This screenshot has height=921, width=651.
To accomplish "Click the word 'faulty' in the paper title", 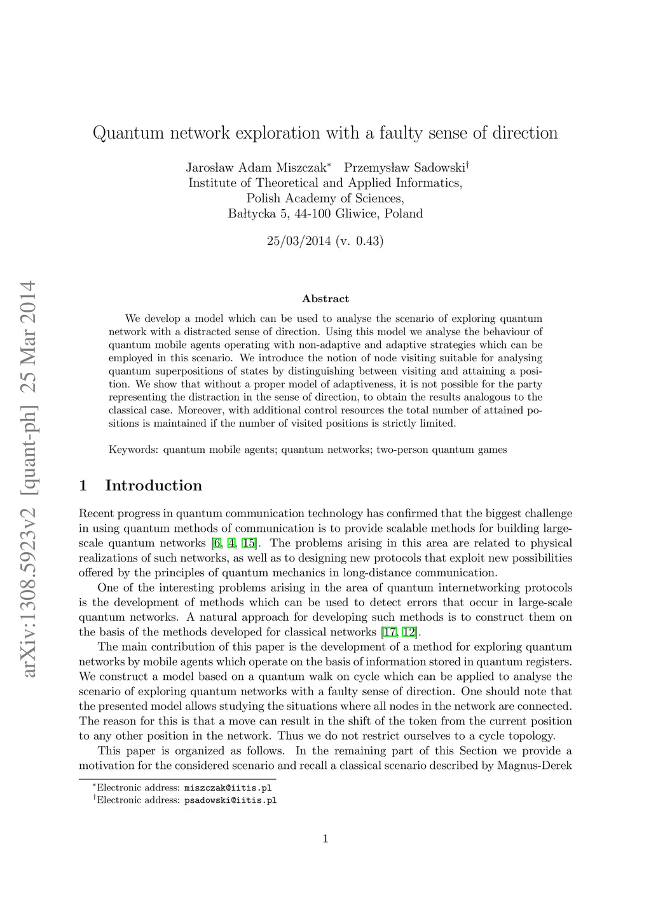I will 398,133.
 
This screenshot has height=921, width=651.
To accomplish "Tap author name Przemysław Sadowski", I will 405,168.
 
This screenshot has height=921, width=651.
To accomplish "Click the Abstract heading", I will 325,299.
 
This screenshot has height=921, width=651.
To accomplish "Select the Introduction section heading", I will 154,486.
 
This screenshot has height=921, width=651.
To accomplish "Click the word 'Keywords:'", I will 135,450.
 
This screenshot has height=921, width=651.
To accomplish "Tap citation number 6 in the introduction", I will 217,543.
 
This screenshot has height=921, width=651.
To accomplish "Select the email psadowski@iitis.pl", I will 230,800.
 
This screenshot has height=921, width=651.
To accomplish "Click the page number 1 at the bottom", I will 325,839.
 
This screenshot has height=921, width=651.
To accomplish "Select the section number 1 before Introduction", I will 83,486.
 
